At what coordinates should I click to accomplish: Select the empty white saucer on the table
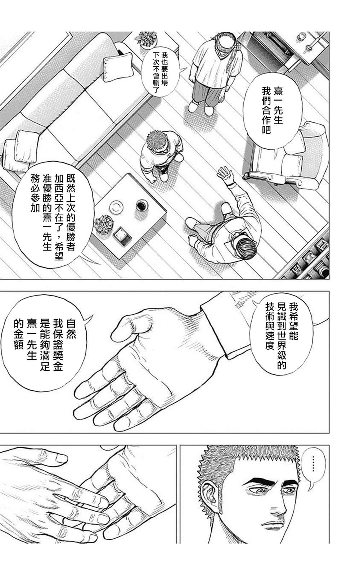(117, 208)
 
